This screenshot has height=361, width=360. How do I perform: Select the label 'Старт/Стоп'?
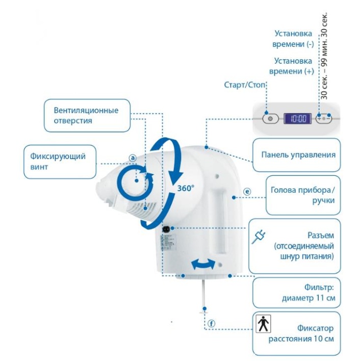245,85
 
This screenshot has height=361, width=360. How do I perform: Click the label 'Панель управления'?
298,154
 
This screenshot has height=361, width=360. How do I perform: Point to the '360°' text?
186,188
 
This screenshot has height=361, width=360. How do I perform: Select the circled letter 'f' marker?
212,323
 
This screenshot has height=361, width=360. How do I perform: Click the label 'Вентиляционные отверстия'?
86,115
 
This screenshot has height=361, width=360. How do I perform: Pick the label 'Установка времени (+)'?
294,66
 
